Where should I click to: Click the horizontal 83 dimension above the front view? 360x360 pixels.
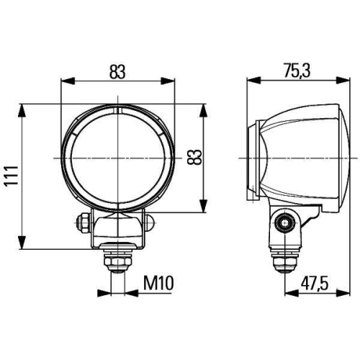(x=118, y=73)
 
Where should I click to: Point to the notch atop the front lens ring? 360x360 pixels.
(x=117, y=111)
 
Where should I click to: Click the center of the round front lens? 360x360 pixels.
(x=117, y=156)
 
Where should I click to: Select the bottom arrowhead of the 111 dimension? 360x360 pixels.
(x=23, y=243)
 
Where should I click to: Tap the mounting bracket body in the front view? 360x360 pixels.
(x=117, y=229)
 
